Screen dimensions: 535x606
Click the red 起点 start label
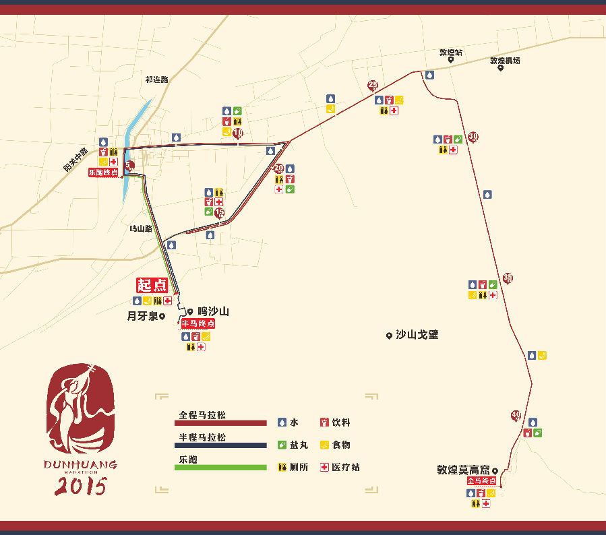152,285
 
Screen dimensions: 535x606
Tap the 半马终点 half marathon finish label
198,323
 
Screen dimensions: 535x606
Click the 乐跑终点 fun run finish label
103,172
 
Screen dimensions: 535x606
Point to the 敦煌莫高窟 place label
464,471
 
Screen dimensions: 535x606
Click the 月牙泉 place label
143,315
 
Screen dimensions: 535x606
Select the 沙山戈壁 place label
417,334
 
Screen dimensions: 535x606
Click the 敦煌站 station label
450,52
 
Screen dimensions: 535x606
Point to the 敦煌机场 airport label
505,61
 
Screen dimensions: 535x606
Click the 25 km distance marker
373,85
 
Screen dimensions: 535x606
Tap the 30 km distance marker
473,137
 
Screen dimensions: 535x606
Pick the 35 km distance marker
508,278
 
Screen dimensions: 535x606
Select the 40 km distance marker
516,414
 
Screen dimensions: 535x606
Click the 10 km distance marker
238,133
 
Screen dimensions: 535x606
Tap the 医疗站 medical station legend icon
324,467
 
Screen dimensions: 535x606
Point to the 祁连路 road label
156,80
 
